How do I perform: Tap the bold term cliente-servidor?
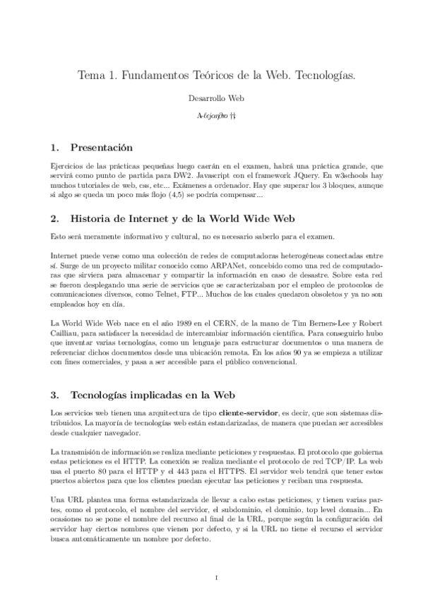pos(253,411)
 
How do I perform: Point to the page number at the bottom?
pos(215,578)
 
